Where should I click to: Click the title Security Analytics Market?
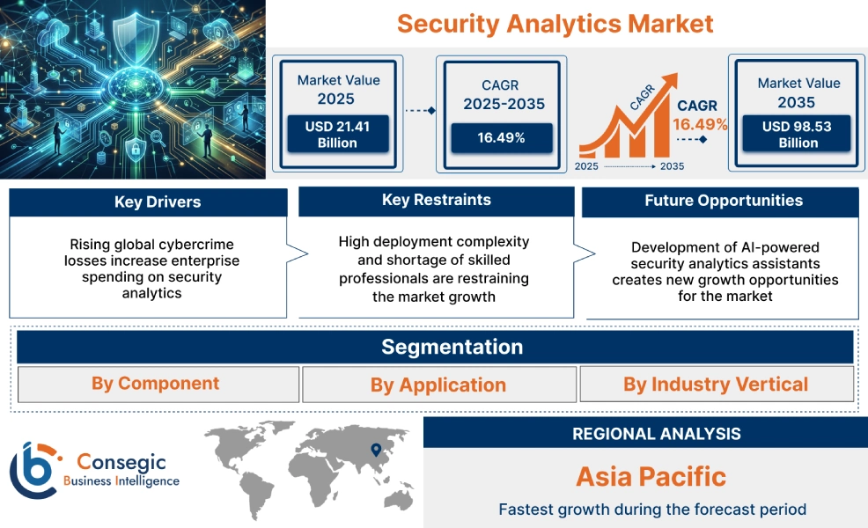click(x=555, y=23)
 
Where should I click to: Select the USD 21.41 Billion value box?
click(x=337, y=135)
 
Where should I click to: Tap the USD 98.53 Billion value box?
click(x=798, y=135)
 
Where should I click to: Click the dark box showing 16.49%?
click(x=502, y=138)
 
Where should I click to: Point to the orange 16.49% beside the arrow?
click(x=700, y=124)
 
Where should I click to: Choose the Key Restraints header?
click(x=437, y=201)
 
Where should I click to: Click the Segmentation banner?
click(x=452, y=347)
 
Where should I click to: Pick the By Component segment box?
click(x=156, y=384)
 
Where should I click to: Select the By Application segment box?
click(x=438, y=385)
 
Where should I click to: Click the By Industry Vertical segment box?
click(x=716, y=384)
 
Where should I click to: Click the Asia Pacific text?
click(x=651, y=477)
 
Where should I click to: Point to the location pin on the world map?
click(x=377, y=450)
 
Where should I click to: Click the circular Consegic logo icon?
click(x=33, y=470)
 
